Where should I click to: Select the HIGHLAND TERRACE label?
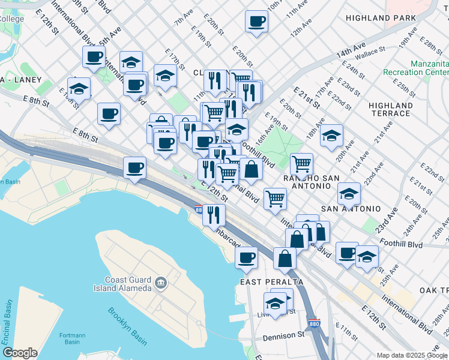(390, 109)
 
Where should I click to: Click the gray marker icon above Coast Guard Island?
(161, 282)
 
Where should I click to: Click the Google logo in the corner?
(20, 353)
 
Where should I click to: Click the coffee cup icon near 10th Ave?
(256, 22)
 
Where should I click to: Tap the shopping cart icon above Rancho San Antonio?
(301, 163)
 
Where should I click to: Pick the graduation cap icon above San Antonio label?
(349, 193)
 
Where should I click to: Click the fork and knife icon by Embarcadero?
(213, 214)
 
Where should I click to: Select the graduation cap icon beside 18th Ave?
(331, 135)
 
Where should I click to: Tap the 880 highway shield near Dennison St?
(319, 325)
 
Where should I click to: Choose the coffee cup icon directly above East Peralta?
(246, 258)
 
